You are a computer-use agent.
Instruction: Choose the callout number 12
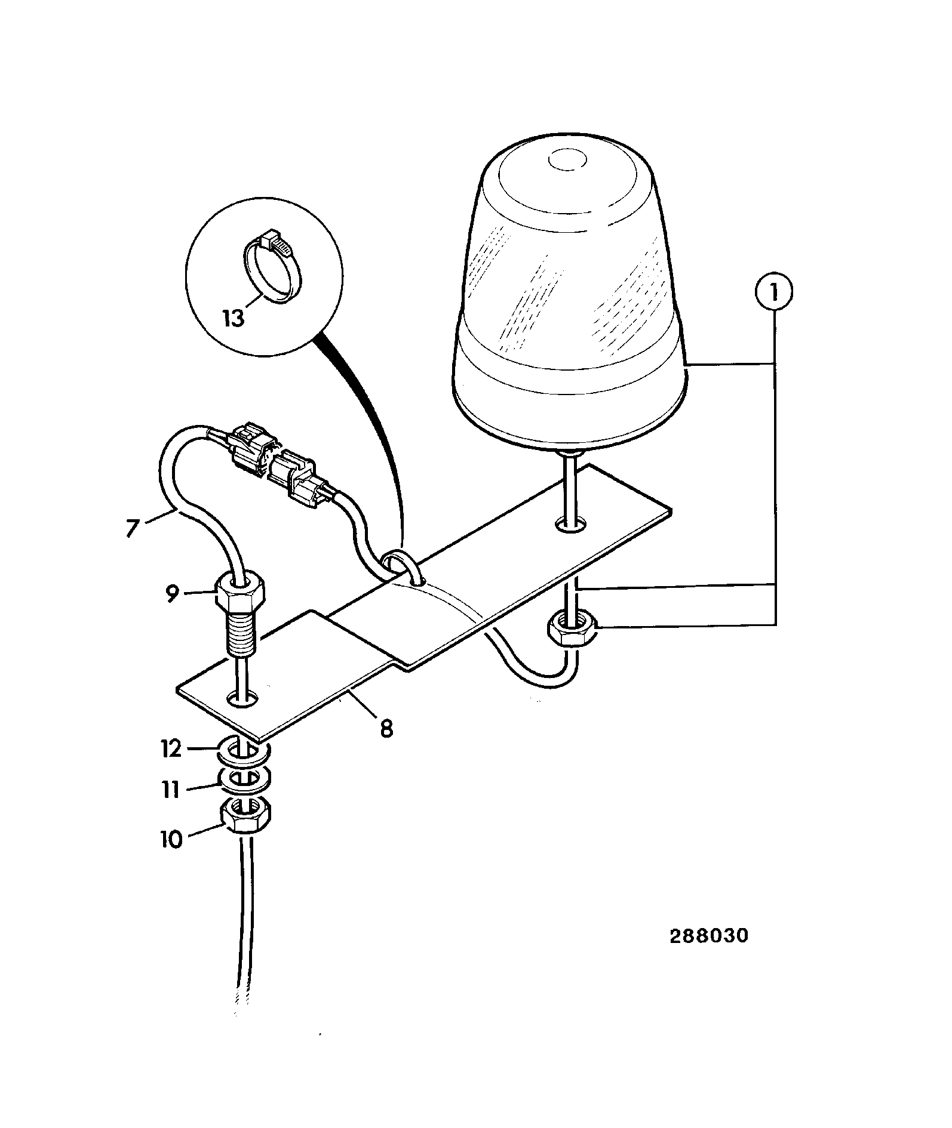click(x=171, y=748)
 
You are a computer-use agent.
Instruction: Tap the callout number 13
click(x=234, y=318)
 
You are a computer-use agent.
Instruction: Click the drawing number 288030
click(x=708, y=935)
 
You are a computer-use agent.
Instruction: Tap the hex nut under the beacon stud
click(x=569, y=631)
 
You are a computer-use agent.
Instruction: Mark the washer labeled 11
click(x=245, y=779)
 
